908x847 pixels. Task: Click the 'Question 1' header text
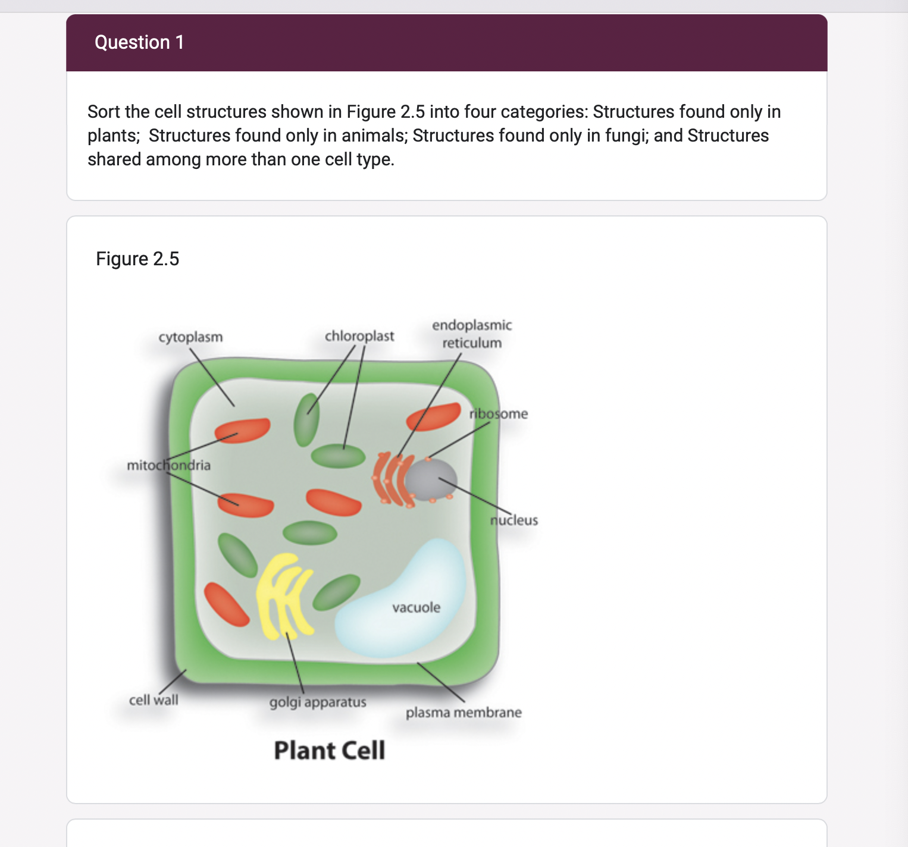[139, 42]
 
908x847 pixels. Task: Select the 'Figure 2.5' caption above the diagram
[137, 259]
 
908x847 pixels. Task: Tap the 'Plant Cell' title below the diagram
[329, 751]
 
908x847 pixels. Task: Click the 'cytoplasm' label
[190, 337]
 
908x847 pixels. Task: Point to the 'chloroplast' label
[359, 336]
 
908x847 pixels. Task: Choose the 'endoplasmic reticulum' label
[472, 334]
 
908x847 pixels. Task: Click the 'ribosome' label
[499, 413]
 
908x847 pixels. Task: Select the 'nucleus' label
[514, 520]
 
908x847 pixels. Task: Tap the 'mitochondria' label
[168, 465]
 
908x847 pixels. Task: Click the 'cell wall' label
[154, 700]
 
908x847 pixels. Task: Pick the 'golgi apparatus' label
[318, 702]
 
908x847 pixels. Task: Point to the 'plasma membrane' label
[464, 713]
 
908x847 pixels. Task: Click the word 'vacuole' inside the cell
[417, 607]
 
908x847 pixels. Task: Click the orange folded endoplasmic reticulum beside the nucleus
[390, 479]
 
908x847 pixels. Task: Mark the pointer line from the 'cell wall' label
[173, 682]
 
